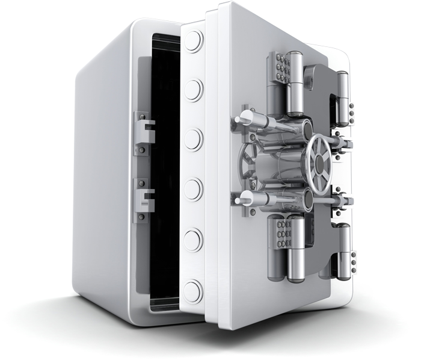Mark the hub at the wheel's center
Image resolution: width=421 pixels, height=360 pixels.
pyautogui.click(x=317, y=158)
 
